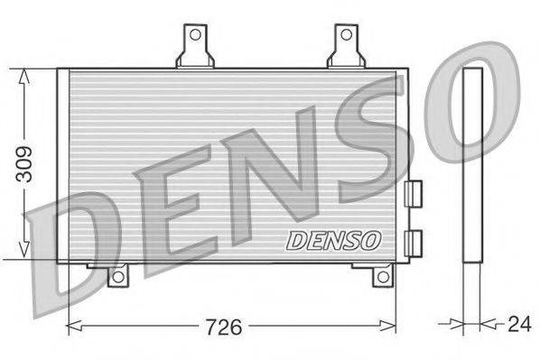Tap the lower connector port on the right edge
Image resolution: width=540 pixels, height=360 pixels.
[414, 242]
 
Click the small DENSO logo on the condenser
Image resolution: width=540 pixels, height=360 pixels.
[334, 241]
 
